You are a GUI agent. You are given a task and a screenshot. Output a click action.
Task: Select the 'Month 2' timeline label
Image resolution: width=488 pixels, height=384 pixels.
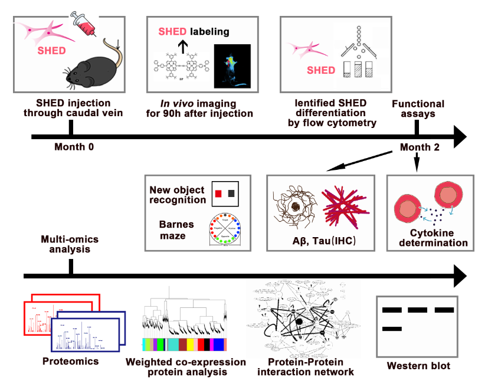[x=420, y=147]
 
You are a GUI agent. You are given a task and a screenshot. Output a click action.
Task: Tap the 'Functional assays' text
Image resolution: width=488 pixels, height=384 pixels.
[x=418, y=109]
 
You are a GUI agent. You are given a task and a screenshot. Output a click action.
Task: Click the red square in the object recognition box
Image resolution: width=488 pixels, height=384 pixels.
[x=218, y=193]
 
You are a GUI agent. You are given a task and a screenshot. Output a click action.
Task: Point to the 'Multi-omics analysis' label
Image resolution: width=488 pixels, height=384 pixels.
[x=69, y=244]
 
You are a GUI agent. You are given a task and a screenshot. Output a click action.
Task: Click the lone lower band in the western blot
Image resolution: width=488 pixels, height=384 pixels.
[x=392, y=329]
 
